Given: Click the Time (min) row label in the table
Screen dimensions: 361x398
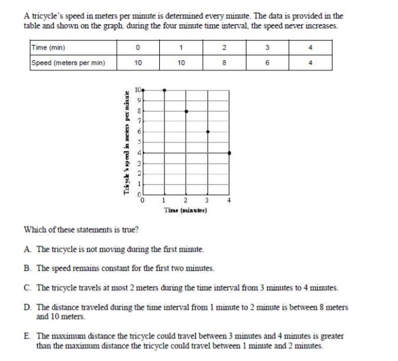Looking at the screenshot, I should (49, 48).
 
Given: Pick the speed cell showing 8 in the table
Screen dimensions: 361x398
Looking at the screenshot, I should (225, 63).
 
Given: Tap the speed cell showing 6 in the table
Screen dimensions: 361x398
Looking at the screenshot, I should (267, 63).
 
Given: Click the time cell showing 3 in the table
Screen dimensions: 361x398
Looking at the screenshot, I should (267, 48).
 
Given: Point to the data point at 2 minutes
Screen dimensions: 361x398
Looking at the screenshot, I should (186, 111).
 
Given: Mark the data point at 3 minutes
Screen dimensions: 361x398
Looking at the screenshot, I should (208, 132).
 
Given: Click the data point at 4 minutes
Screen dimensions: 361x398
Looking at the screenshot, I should (229, 153).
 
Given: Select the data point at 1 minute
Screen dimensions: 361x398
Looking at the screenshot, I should (165, 90).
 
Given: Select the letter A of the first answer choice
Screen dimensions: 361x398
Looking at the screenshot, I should (28, 250).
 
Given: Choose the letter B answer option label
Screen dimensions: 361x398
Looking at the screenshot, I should (28, 268).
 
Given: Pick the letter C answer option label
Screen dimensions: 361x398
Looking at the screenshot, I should (28, 288).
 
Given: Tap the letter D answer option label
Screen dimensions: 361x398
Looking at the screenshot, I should (28, 307).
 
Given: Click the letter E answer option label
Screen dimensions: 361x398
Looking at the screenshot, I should (28, 336).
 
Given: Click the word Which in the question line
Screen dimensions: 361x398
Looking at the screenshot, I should (34, 230).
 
